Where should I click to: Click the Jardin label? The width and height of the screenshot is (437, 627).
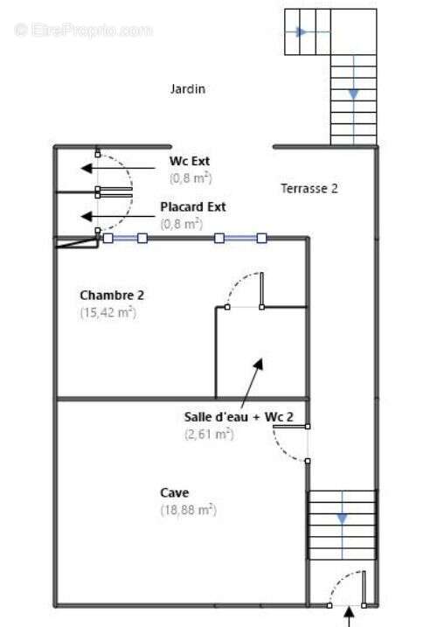pos(188,89)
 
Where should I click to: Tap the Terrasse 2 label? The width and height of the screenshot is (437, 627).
pos(309,188)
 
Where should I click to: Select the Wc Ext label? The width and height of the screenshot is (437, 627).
pos(190,161)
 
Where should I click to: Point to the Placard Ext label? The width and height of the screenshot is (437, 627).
pos(193,206)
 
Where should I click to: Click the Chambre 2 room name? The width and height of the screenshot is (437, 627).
pos(112,295)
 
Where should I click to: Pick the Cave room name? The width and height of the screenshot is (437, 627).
pos(174,492)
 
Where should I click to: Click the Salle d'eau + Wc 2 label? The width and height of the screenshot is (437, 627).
pos(239,416)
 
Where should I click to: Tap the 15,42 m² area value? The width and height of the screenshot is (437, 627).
pos(108,312)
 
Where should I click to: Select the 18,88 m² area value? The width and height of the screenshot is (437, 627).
pos(188,510)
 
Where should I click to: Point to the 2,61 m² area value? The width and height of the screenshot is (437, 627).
pos(209,434)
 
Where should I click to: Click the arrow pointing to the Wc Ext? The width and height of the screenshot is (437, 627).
pos(118,169)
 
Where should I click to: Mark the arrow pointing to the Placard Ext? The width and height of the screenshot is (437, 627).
pos(118,217)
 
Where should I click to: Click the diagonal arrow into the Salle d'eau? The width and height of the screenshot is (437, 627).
pos(252,381)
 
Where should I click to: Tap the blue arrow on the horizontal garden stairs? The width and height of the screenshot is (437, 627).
pos(301,31)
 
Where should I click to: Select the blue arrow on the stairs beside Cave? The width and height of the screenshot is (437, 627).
pos(343,519)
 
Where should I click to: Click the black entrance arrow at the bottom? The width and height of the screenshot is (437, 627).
pos(349,617)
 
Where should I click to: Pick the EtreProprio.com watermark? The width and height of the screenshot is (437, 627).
pos(83,31)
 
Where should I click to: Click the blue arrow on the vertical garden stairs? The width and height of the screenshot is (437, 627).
pos(354,94)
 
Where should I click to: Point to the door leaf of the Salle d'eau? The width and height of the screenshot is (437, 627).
pos(290,427)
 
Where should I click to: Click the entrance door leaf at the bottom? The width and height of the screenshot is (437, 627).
pos(364,588)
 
